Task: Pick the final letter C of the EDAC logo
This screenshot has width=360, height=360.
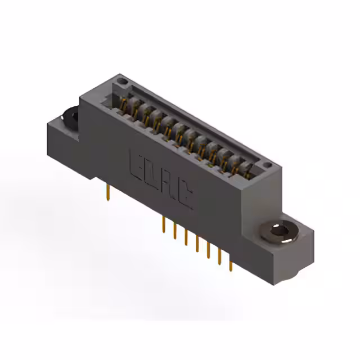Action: pyautogui.click(x=184, y=195)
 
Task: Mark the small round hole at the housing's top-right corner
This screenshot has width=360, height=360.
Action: pyautogui.click(x=268, y=165)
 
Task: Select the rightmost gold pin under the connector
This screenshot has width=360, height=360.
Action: pyautogui.click(x=230, y=264)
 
